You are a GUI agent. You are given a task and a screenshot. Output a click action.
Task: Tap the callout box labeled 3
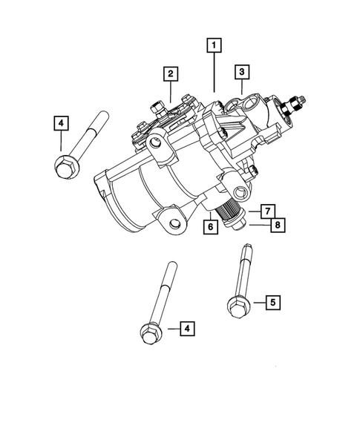[241, 72]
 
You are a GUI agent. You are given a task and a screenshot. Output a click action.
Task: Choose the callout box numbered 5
[272, 302]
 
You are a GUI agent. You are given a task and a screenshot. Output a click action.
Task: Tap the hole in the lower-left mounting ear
[173, 223]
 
